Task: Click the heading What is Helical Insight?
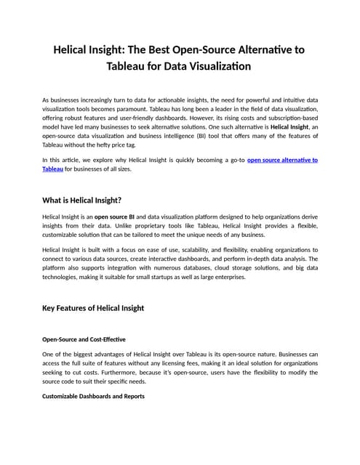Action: point(82,200)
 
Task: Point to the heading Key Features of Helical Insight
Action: point(93,308)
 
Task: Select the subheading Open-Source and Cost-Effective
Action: point(84,339)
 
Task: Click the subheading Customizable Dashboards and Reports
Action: point(93,396)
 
